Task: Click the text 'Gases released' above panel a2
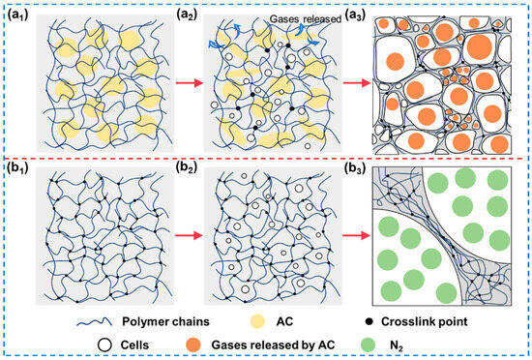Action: [x=277, y=12]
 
